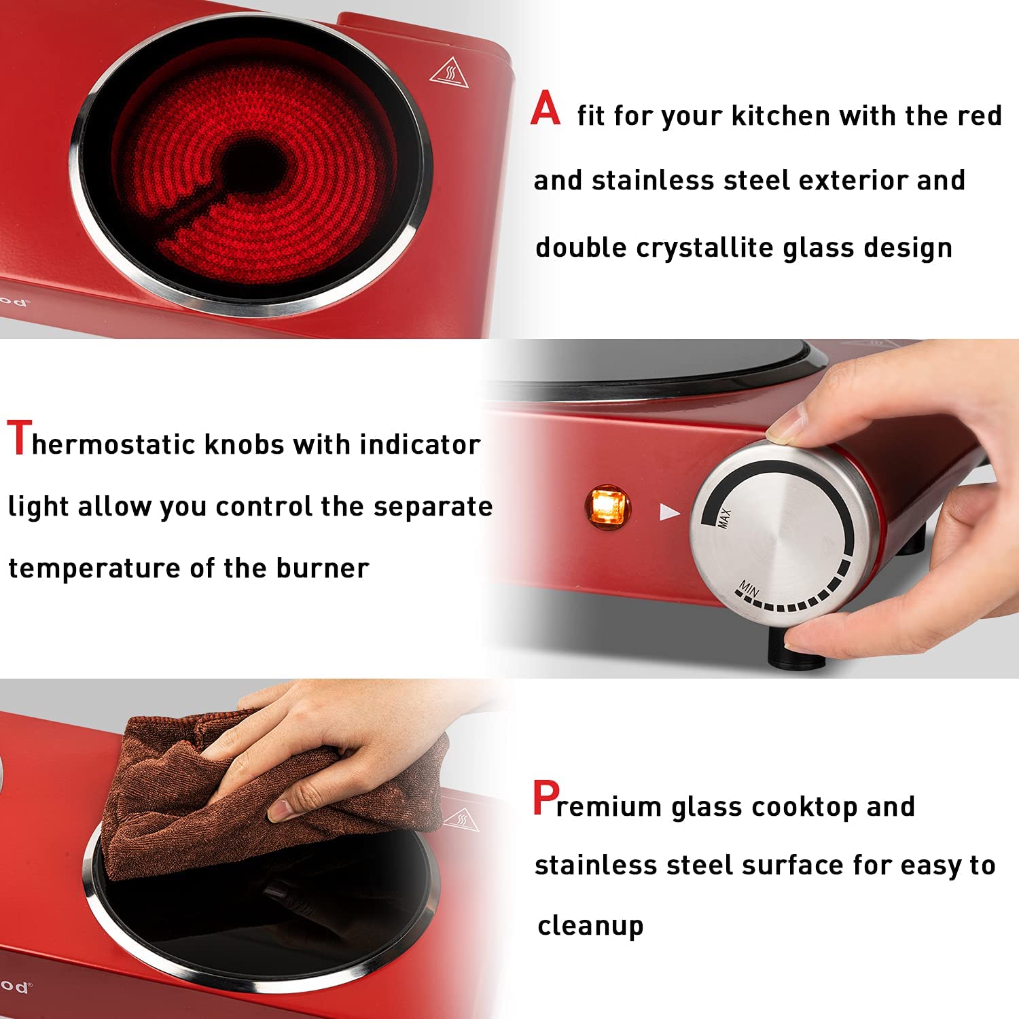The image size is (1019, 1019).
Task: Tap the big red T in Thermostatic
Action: coord(19,438)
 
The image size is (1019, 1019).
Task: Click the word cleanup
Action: coord(590,926)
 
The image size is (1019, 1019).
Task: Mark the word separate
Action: coord(433,507)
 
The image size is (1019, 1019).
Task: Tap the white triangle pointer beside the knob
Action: coord(669,512)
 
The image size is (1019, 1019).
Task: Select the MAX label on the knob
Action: coord(724,518)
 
